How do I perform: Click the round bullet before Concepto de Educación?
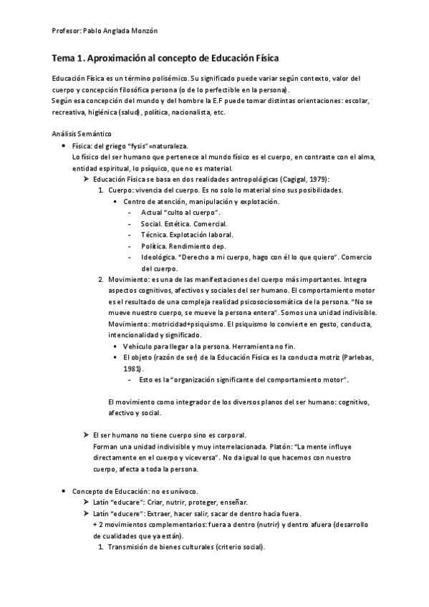[x=64, y=492]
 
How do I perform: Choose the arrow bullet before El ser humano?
[x=87, y=434]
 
